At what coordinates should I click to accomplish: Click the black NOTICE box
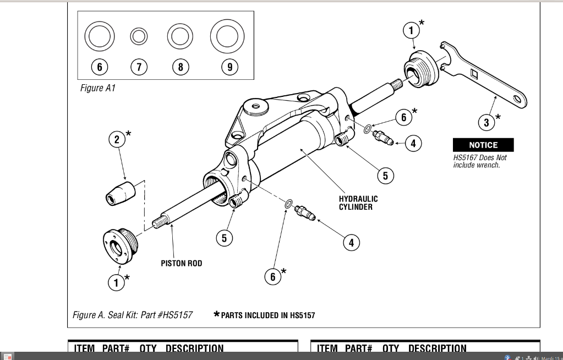pyautogui.click(x=483, y=145)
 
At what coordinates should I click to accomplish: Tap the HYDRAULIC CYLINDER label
pyautogui.click(x=358, y=203)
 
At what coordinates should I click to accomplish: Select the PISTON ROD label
pyautogui.click(x=181, y=263)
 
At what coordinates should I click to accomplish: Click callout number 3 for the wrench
pyautogui.click(x=487, y=122)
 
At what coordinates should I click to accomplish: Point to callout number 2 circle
pyautogui.click(x=117, y=139)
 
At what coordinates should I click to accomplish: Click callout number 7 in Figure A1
pyautogui.click(x=139, y=67)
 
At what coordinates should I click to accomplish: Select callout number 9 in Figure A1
pyautogui.click(x=229, y=67)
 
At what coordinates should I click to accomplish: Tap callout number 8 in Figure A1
pyautogui.click(x=180, y=67)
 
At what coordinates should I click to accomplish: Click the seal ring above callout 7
pyautogui.click(x=139, y=37)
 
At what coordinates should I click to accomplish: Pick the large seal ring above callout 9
pyautogui.click(x=226, y=36)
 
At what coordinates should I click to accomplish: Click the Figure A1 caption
pyautogui.click(x=98, y=88)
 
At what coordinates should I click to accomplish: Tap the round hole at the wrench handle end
pyautogui.click(x=517, y=99)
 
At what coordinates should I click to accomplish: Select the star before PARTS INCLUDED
pyautogui.click(x=216, y=315)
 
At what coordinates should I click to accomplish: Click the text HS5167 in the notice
pyautogui.click(x=463, y=157)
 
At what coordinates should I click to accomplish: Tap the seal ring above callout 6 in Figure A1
pyautogui.click(x=99, y=36)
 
